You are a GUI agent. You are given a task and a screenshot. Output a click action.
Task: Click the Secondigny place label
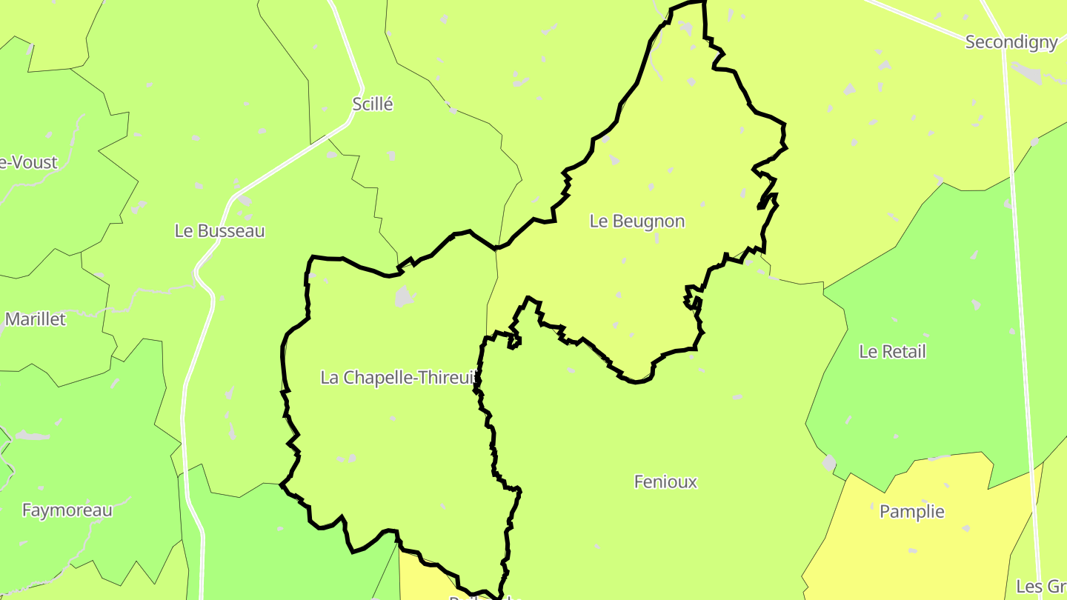click(1011, 42)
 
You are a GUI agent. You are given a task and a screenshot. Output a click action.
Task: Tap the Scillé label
click(373, 104)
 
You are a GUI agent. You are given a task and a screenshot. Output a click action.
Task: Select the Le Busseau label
click(219, 231)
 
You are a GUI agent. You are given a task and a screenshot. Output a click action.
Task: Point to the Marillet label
click(36, 319)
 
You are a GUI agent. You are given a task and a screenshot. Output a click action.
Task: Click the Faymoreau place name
click(67, 510)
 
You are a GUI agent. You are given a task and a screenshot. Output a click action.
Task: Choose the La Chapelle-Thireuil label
click(397, 378)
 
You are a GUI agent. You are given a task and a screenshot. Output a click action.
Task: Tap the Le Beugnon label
click(637, 221)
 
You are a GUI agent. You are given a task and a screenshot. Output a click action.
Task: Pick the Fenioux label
click(665, 482)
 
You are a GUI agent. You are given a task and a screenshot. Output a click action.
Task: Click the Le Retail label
click(892, 352)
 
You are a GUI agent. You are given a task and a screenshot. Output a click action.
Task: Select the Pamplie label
click(911, 512)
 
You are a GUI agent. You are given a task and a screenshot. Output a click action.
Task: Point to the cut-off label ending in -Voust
click(28, 163)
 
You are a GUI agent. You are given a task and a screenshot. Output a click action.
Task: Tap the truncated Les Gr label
click(1041, 587)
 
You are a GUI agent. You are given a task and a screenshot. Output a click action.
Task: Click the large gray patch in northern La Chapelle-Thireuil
click(404, 297)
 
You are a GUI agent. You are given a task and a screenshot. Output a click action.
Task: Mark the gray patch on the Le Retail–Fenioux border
click(829, 464)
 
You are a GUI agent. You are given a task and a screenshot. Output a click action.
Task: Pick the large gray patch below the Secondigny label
click(1026, 71)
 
